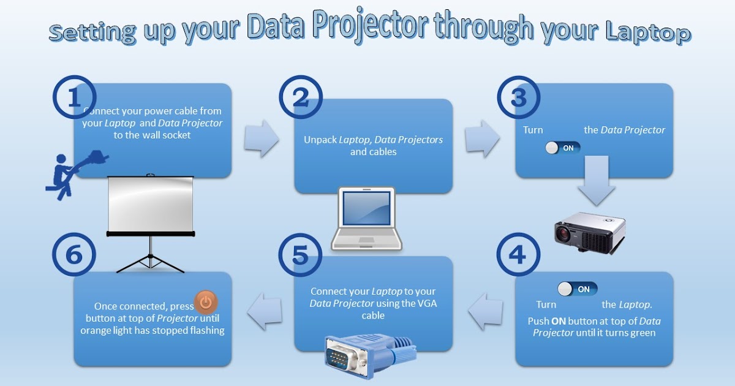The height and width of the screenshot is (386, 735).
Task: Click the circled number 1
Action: tap(74, 99)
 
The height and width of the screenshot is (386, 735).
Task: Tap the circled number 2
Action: tap(301, 99)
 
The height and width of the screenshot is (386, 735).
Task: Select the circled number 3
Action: tap(518, 98)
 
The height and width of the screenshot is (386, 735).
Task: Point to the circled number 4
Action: tap(518, 254)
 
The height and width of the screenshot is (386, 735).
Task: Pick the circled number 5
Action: tap(301, 254)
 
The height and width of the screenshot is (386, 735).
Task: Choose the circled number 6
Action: tap(74, 254)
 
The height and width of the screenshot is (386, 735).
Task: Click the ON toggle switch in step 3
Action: tap(562, 148)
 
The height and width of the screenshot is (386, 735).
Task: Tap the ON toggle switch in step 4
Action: tap(577, 289)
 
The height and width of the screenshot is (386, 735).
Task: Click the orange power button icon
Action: tap(206, 302)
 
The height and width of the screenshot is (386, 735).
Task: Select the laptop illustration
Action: tap(366, 218)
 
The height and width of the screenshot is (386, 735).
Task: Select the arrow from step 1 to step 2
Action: tap(261, 139)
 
